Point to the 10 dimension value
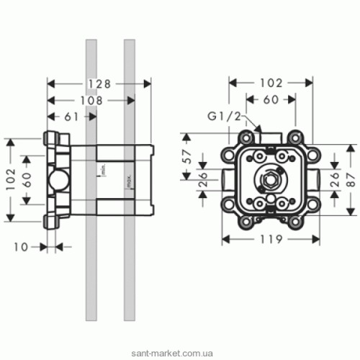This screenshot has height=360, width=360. pyautogui.click(x=21, y=246)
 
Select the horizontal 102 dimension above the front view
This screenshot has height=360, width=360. pyautogui.click(x=270, y=84)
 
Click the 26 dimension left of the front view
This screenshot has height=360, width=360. pyautogui.click(x=202, y=177)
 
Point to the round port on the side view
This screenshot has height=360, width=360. pyautogui.click(x=56, y=179)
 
